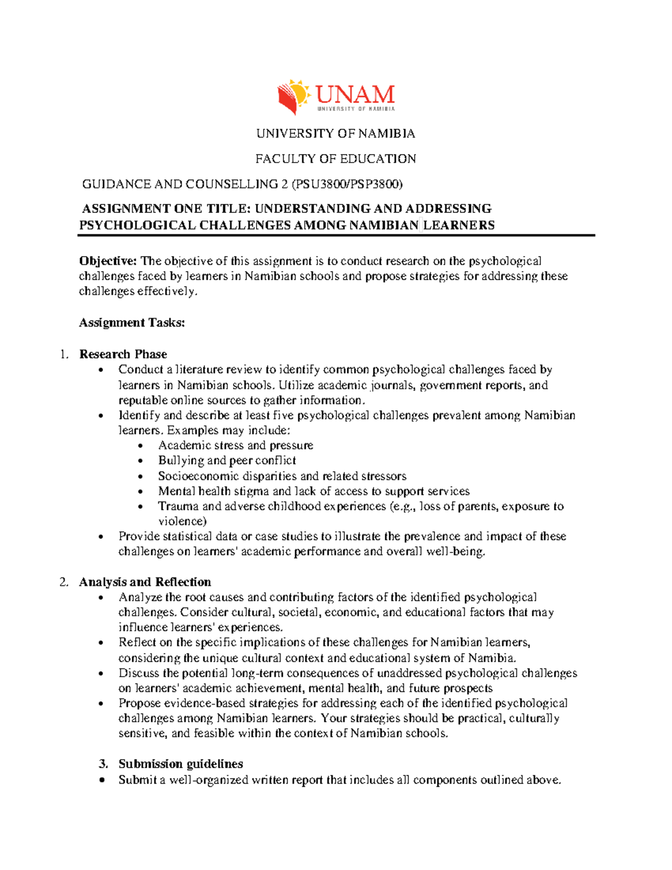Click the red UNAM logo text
point(355,95)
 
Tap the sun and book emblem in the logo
point(293,96)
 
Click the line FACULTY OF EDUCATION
point(335,159)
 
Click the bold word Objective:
point(108,261)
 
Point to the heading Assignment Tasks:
point(132,323)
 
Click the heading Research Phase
point(123,354)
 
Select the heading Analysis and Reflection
point(145,582)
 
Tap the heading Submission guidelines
point(180,764)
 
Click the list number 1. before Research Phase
point(64,354)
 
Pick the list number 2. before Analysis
point(64,582)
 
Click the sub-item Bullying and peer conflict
point(227,460)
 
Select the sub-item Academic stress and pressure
point(235,445)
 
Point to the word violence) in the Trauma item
point(182,522)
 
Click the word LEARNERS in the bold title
point(459,225)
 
